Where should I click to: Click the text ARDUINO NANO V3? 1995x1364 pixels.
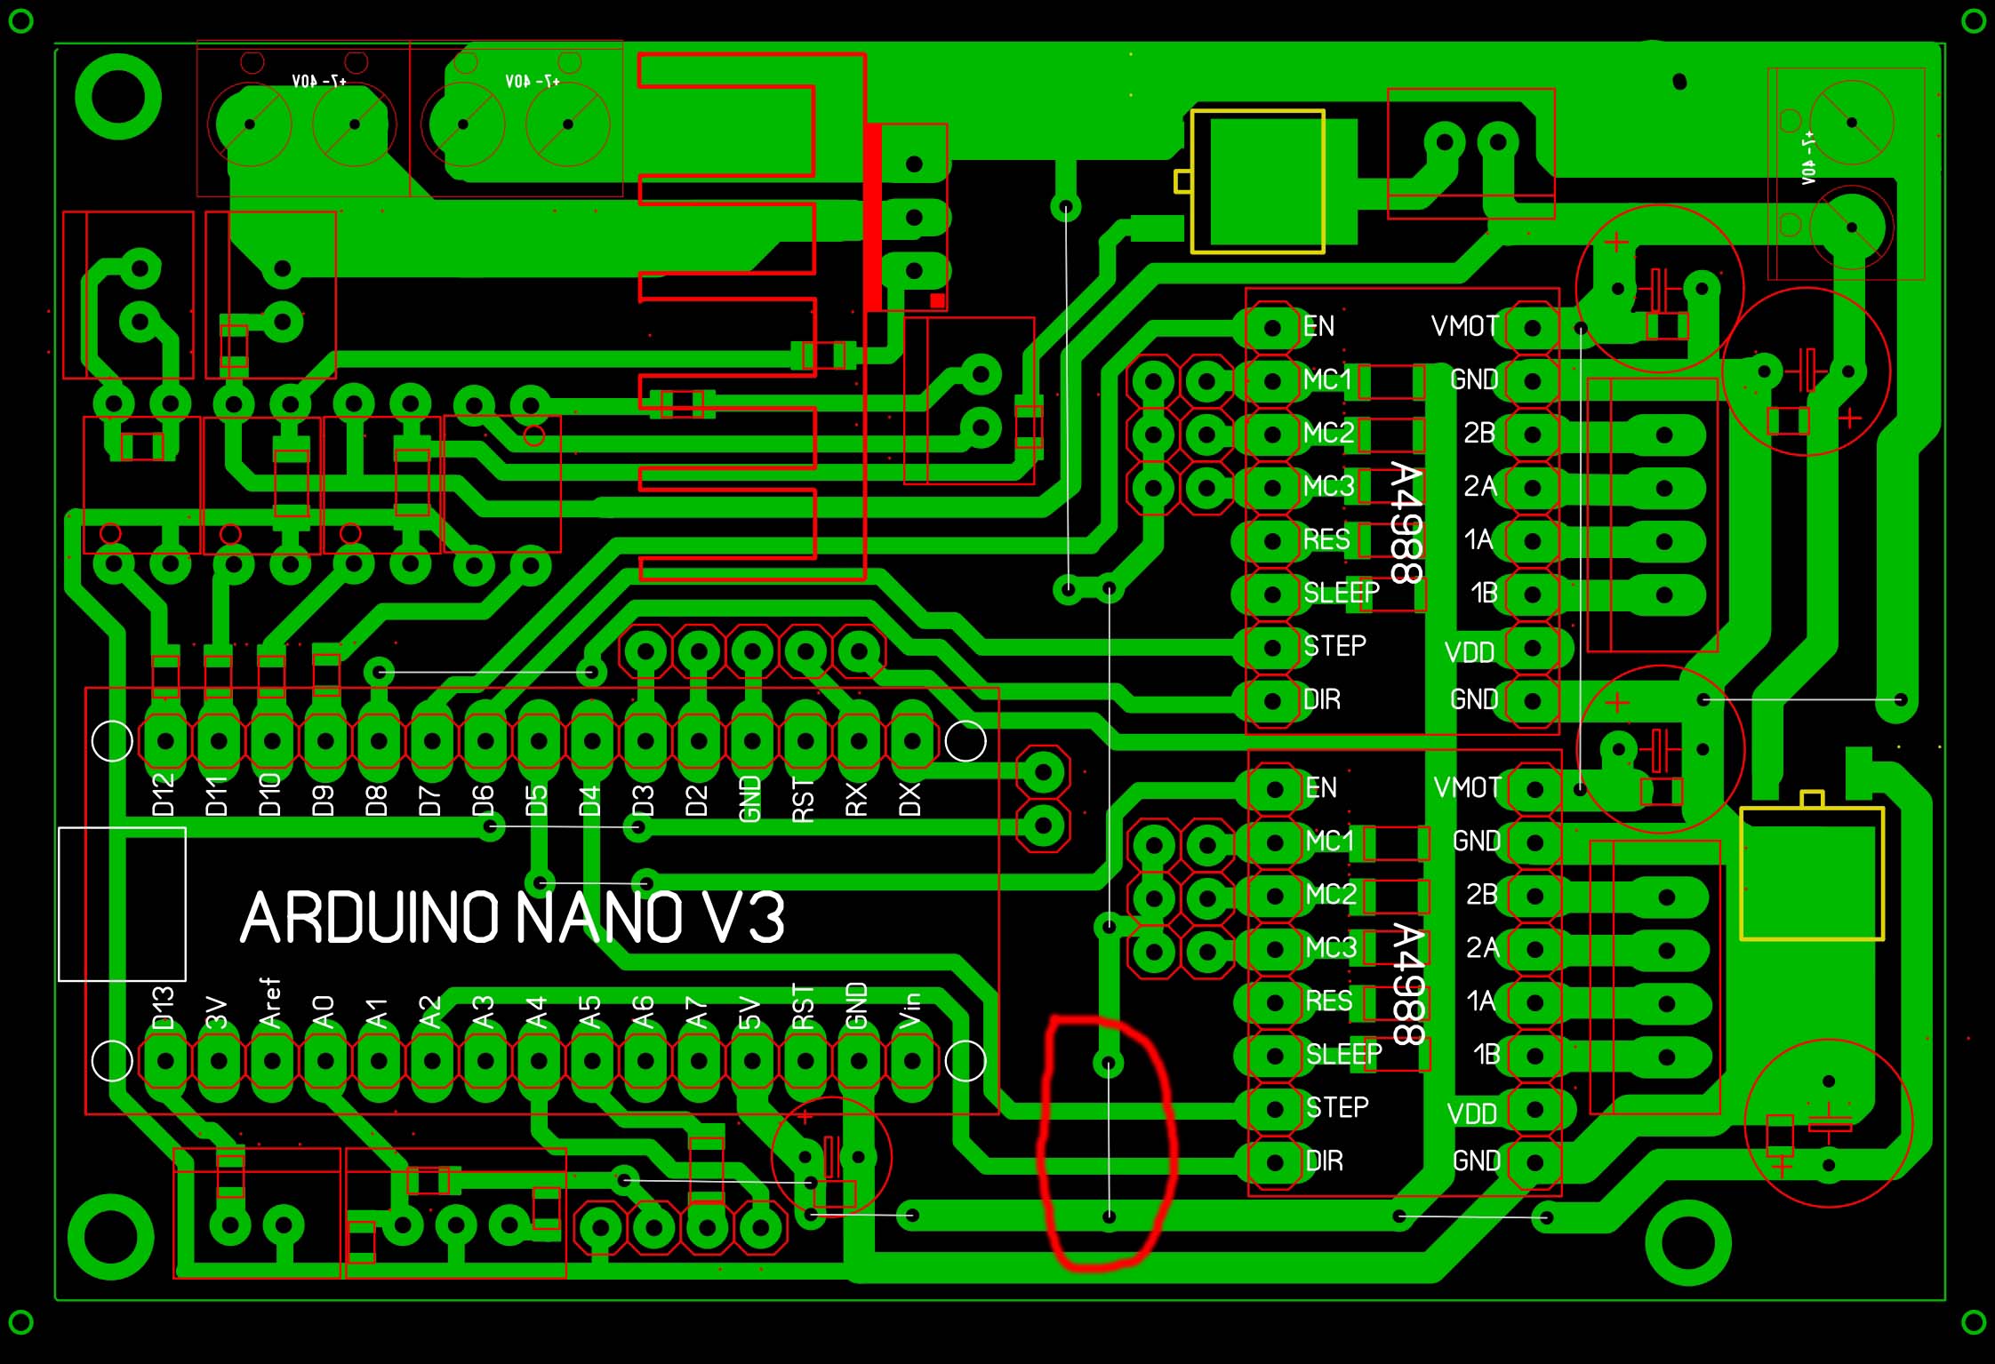click(x=513, y=918)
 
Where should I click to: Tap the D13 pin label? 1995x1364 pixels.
click(x=164, y=1008)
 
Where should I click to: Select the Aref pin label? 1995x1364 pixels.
click(x=270, y=1003)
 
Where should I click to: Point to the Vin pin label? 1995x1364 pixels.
click(x=910, y=1010)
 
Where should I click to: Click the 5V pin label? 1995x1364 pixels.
click(x=750, y=1012)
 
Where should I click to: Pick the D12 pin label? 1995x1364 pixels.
click(x=164, y=794)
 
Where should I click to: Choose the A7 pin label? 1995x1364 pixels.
click(x=697, y=1012)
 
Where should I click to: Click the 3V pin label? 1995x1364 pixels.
click(x=217, y=1012)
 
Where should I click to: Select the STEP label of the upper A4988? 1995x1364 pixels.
click(x=1334, y=646)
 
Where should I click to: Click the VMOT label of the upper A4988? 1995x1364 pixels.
click(x=1465, y=327)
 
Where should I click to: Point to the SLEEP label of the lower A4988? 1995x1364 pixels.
click(x=1343, y=1055)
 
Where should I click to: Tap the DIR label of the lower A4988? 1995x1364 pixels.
click(x=1325, y=1161)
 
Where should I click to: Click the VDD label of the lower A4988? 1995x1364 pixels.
click(x=1472, y=1114)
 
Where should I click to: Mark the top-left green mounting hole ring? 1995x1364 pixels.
click(x=118, y=96)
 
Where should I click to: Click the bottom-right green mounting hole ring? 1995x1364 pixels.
click(x=1687, y=1242)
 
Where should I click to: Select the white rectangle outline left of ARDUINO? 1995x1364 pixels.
click(x=122, y=905)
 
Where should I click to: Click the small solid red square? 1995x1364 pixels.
click(x=937, y=301)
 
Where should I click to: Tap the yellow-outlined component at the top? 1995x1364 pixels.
click(x=1257, y=182)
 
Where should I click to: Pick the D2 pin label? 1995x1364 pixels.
click(x=697, y=800)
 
